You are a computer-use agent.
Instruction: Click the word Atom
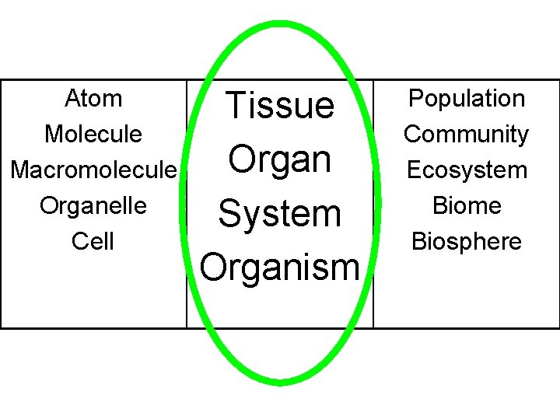[93, 99]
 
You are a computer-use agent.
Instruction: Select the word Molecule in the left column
[93, 134]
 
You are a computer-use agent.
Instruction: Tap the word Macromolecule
[93, 170]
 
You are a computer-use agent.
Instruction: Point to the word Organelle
[93, 205]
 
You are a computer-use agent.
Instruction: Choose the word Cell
[93, 241]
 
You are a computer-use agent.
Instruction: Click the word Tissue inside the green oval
[279, 105]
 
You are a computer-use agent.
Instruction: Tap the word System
[279, 213]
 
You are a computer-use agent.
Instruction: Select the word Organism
[279, 267]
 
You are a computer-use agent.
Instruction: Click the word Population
[467, 99]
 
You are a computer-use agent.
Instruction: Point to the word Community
[467, 135]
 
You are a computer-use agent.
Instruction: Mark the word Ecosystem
[467, 170]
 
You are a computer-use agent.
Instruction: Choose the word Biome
[467, 205]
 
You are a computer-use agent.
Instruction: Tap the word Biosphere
[467, 241]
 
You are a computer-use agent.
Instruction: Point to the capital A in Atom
[72, 99]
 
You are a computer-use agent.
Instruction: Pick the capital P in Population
[415, 99]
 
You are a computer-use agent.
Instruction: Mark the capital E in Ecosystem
[412, 170]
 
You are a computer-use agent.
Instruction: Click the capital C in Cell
[79, 241]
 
